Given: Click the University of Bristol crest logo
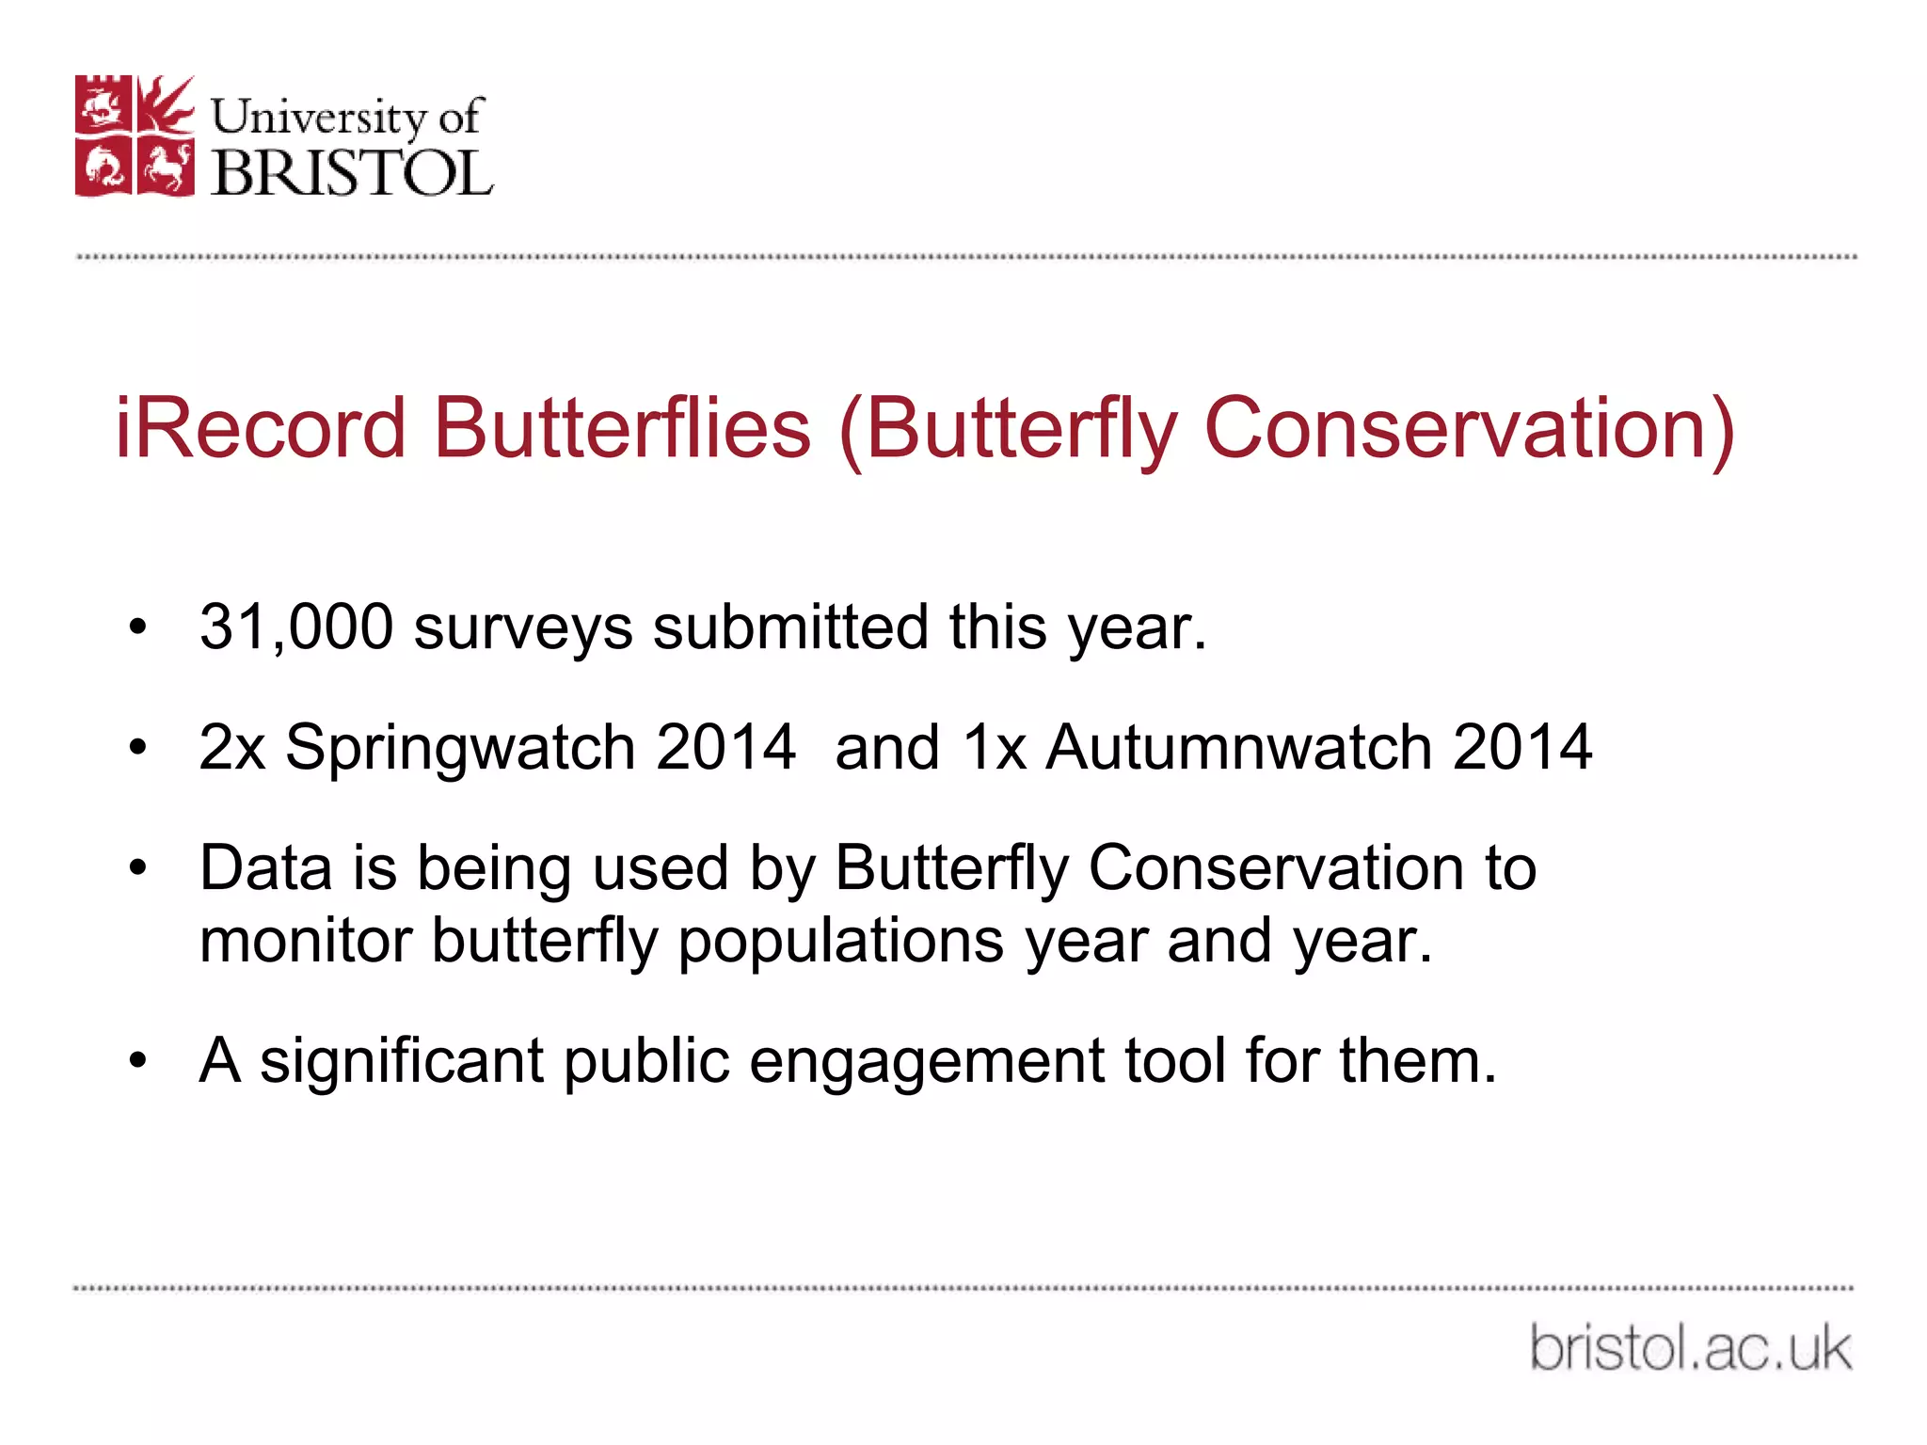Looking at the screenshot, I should click(135, 136).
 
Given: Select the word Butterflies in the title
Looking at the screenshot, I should click(622, 429).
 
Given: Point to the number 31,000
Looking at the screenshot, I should click(295, 627).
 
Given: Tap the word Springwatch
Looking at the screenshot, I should click(460, 749).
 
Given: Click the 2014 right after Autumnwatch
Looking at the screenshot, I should click(1521, 747).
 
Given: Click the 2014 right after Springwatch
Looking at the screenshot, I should click(725, 747).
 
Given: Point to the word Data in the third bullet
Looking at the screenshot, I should click(265, 867).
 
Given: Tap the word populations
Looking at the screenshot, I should click(840, 943).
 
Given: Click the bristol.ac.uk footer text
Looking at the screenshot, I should click(1691, 1348).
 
